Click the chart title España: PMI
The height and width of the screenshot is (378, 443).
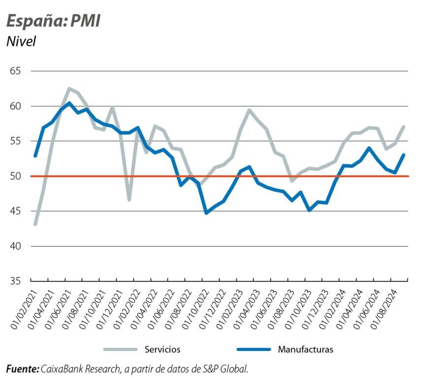coord(53,21)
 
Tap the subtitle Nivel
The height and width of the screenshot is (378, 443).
coord(21,42)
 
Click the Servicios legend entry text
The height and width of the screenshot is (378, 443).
coord(162,349)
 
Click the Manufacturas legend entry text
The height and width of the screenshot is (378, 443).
coord(305,349)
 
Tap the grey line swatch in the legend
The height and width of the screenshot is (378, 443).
coord(120,349)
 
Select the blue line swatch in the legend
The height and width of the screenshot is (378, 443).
coord(253,349)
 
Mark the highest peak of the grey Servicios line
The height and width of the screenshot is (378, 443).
coord(69,89)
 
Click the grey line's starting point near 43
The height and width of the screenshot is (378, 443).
coord(35,224)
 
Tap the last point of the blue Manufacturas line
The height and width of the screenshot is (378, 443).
coord(404,155)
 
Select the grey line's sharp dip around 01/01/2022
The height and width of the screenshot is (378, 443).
coord(129,199)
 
